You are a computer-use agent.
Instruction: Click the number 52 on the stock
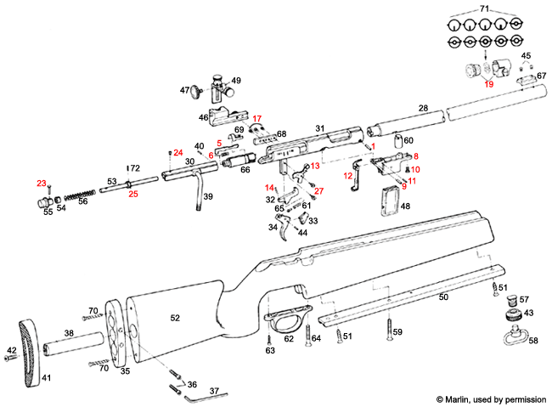[175, 317]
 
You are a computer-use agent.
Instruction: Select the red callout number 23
[41, 183]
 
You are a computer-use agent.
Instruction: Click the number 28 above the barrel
[422, 109]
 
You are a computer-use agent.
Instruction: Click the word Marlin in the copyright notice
[464, 398]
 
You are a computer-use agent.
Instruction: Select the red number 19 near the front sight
[488, 84]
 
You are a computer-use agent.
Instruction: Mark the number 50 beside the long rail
[442, 297]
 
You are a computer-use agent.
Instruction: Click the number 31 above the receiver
[321, 127]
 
